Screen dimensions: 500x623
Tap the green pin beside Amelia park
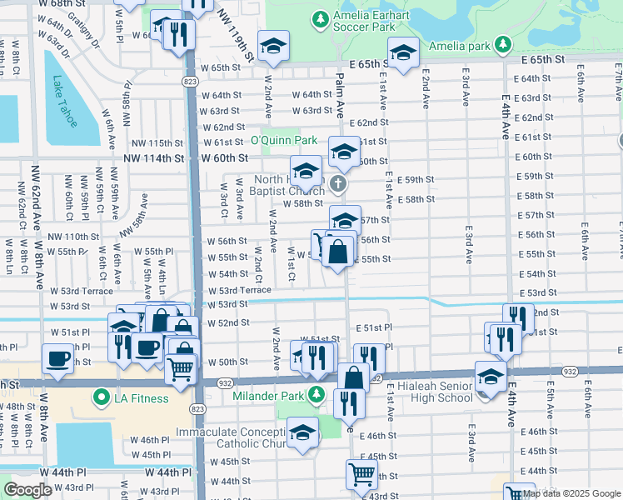[502, 43]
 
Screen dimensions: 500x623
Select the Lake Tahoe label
[64, 102]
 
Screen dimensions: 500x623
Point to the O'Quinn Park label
[284, 140]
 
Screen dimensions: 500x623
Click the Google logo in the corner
[27, 491]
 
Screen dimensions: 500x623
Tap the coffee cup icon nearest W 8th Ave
[57, 359]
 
